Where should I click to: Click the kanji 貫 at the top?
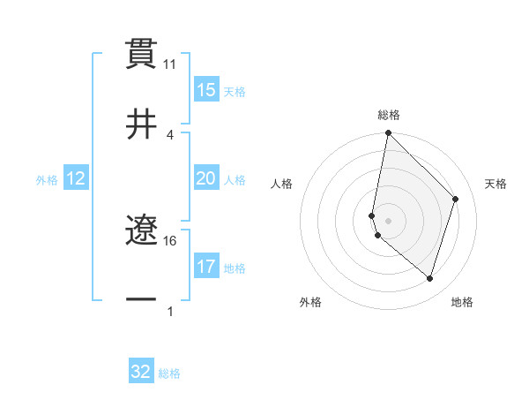141,52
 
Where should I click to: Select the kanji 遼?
141,231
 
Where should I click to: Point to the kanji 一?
141,300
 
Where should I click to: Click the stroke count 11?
170,64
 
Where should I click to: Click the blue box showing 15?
206,90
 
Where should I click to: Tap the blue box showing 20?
206,178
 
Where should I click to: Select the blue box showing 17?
206,267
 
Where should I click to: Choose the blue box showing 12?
75,178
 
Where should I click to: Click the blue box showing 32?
141,372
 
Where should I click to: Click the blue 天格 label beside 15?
234,91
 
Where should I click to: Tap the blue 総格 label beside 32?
169,373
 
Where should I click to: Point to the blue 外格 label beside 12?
47,179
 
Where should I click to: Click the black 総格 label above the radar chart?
389,115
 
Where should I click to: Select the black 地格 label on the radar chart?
462,302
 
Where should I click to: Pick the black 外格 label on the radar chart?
310,302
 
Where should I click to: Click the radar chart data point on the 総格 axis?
388,133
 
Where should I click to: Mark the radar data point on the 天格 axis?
456,199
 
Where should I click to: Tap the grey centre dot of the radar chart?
388,221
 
